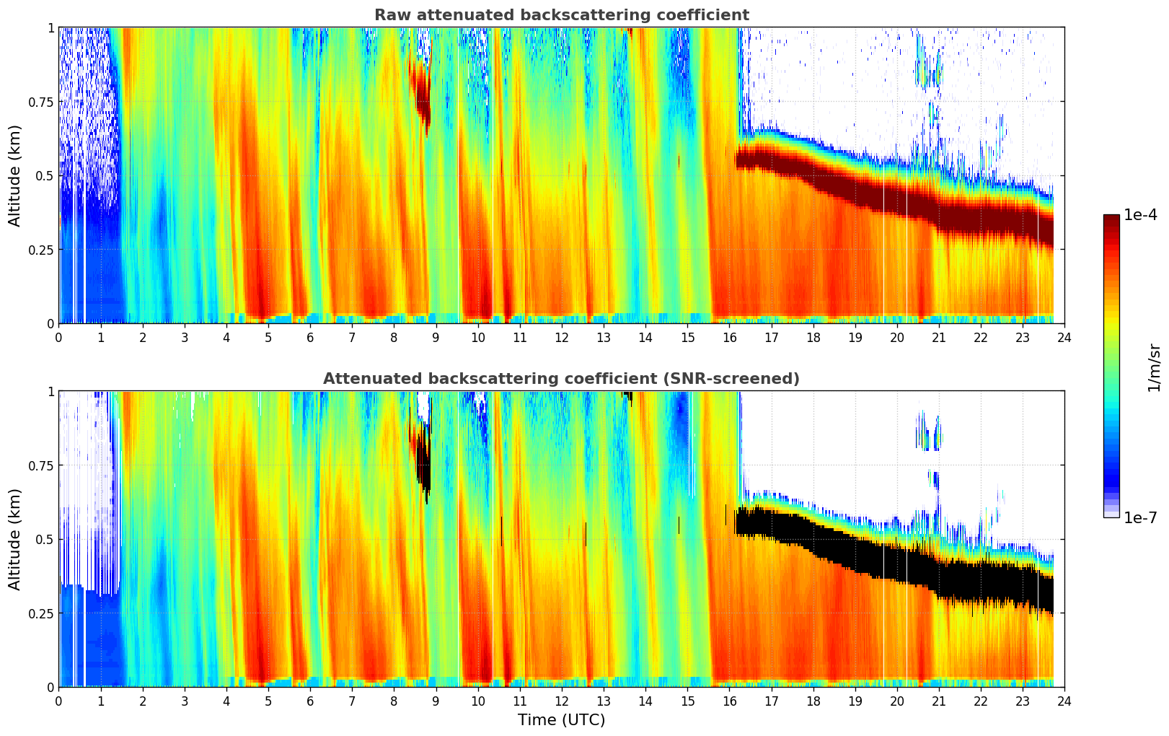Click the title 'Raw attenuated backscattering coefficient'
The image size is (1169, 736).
tap(561, 15)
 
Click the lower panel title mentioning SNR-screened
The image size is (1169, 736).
tap(561, 379)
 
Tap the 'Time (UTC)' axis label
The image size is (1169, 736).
tap(561, 720)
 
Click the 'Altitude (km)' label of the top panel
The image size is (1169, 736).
tap(15, 175)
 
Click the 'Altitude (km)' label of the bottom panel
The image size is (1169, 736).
tap(15, 539)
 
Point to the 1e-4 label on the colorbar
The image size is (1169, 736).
tap(1140, 215)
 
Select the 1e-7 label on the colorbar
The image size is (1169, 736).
tap(1140, 517)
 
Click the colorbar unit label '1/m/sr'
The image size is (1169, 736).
tap(1154, 367)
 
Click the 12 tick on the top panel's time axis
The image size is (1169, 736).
tap(561, 337)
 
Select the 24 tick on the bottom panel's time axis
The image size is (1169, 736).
tap(1064, 701)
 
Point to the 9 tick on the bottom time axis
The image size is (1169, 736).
tap(436, 701)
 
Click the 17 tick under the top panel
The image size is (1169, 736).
tap(771, 337)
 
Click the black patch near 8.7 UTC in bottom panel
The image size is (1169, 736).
tap(424, 462)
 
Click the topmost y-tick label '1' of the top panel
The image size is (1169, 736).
tap(50, 27)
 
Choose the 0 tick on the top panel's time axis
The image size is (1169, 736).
tap(58, 337)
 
